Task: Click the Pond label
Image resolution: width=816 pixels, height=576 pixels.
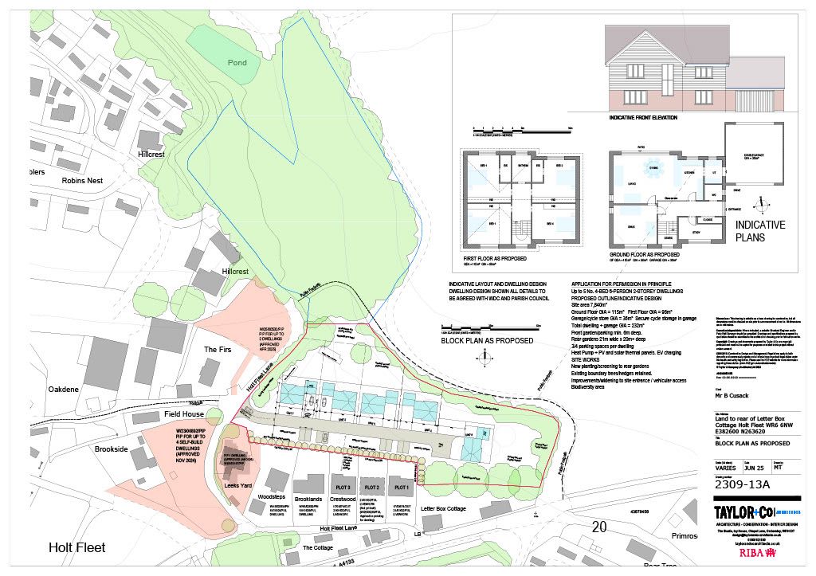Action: [237, 63]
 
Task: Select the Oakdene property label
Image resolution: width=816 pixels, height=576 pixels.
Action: [63, 390]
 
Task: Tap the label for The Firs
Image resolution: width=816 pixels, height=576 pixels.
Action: [218, 350]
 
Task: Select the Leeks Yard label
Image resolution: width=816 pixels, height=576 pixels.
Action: [238, 485]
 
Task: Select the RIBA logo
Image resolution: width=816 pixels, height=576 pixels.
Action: [753, 551]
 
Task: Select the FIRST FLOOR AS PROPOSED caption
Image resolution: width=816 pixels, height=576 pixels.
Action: [497, 259]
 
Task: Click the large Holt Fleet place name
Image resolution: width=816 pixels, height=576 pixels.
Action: [77, 547]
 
